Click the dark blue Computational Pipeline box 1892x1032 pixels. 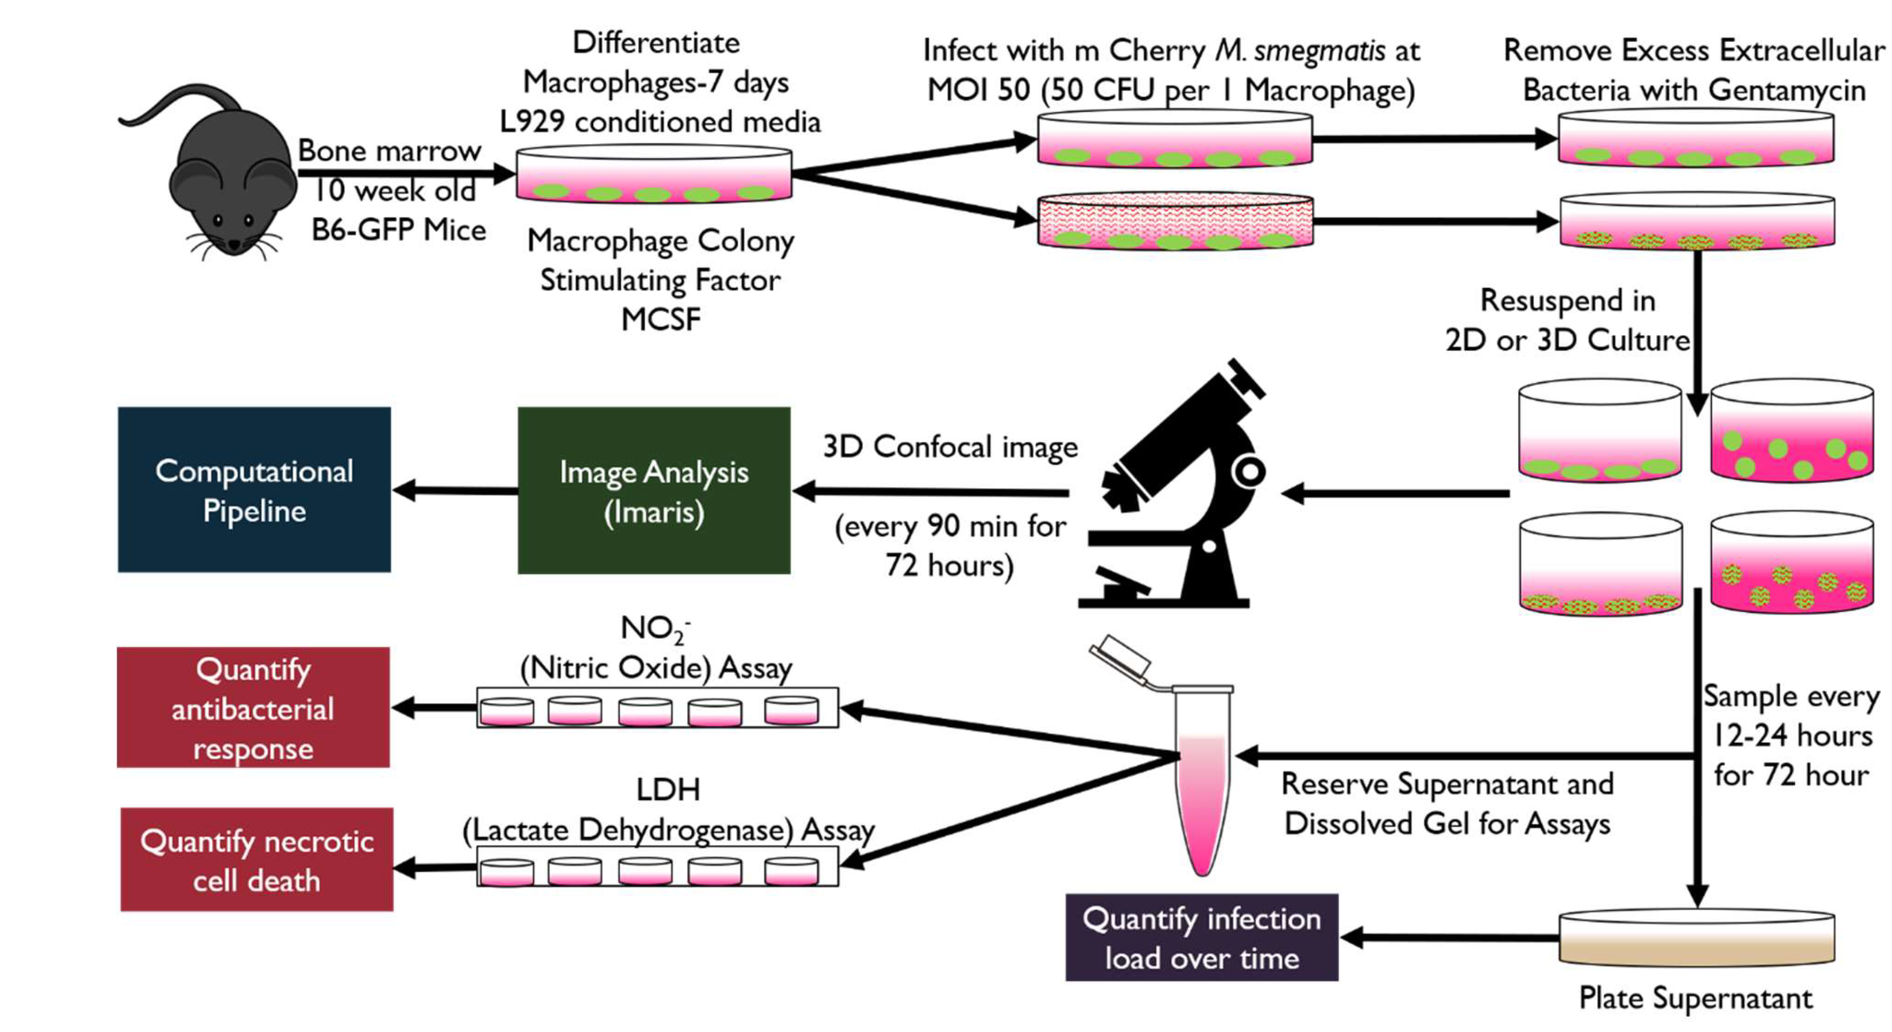254,490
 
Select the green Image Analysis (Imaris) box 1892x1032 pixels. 654,491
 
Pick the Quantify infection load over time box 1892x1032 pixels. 1201,938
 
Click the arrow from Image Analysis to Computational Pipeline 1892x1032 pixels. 455,490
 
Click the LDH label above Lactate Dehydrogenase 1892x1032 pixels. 667,790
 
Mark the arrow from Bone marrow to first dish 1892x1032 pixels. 404,174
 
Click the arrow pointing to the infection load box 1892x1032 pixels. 1447,937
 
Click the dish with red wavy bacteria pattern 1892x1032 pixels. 1174,222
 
